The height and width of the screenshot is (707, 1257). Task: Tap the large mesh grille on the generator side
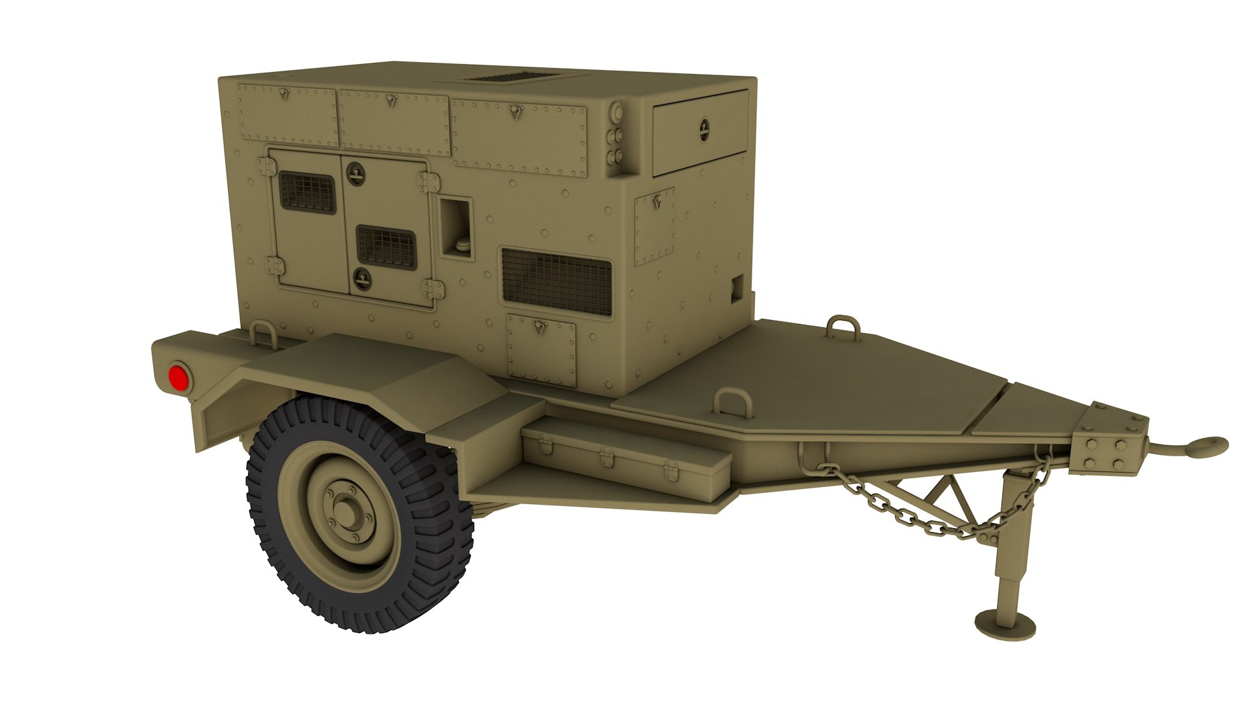[556, 281]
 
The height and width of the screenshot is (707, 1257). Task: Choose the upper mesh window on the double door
[307, 192]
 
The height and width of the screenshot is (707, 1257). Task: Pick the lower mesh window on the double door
[386, 246]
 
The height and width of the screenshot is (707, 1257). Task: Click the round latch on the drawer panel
[704, 128]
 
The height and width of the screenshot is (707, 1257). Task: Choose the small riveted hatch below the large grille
[541, 350]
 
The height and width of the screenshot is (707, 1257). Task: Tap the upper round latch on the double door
[355, 172]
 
